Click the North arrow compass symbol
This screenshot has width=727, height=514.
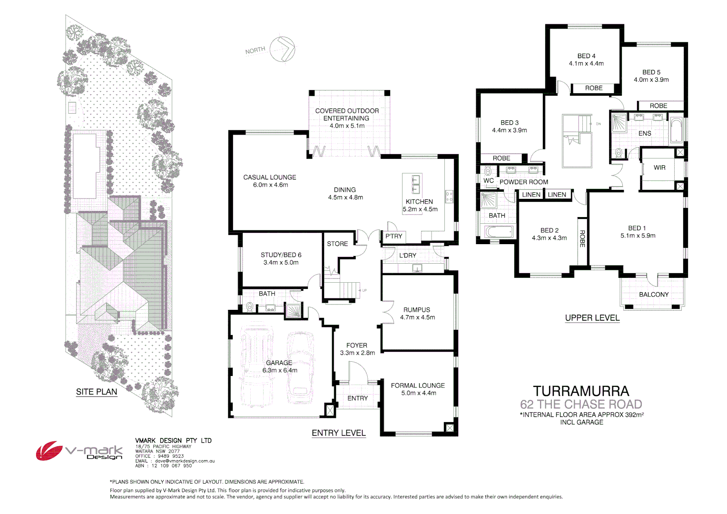[x=282, y=49]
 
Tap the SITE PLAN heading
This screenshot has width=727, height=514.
[x=97, y=392]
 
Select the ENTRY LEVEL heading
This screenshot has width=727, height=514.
[x=339, y=433]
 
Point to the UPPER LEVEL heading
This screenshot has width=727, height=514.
[x=592, y=318]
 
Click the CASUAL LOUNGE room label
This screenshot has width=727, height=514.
[x=270, y=178]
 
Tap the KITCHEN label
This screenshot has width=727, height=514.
[x=419, y=202]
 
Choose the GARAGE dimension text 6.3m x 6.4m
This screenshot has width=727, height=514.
[x=280, y=370]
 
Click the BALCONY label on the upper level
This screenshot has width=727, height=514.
[x=654, y=295]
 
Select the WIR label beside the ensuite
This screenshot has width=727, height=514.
[x=659, y=168]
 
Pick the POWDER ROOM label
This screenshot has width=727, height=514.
[x=524, y=182]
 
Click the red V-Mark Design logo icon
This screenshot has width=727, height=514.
[x=49, y=450]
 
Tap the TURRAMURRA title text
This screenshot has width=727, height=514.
[x=581, y=391]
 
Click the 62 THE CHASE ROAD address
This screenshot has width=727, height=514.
[x=581, y=405]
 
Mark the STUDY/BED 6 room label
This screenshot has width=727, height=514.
[x=281, y=255]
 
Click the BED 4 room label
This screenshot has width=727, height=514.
[x=586, y=56]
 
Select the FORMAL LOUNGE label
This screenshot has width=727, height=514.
[x=418, y=385]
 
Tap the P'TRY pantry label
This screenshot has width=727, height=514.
[x=394, y=236]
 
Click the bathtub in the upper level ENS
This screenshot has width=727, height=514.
[x=676, y=130]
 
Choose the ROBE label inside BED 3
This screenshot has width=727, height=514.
[x=501, y=158]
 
